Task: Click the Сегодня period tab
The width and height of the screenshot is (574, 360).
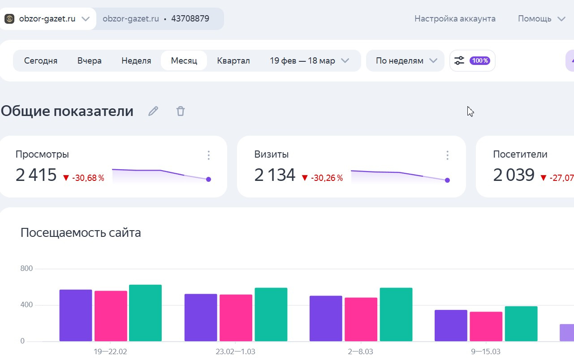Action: [x=41, y=61]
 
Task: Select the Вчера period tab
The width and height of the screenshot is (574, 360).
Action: [x=89, y=61]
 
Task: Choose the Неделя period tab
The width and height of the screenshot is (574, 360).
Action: [x=136, y=61]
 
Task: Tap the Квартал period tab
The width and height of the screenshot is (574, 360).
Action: [x=233, y=61]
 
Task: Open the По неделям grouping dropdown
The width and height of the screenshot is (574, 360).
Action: [x=406, y=61]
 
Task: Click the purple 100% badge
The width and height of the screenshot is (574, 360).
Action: [x=479, y=61]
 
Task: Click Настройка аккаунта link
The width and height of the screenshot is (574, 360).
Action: [x=455, y=19]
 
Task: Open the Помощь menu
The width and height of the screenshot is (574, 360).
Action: [x=541, y=19]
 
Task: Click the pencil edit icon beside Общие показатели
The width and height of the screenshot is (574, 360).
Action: [x=153, y=111]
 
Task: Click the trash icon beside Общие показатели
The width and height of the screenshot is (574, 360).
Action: [x=181, y=111]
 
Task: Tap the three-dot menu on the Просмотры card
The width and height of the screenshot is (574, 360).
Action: [x=208, y=155]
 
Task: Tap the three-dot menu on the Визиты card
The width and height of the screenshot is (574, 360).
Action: [x=447, y=155]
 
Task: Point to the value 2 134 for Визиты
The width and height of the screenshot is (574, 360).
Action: [x=275, y=175]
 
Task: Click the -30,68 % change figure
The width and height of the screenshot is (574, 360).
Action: [x=88, y=178]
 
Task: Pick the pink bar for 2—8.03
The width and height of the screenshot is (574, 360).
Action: [x=361, y=319]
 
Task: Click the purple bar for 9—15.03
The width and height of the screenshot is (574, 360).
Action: [x=451, y=326]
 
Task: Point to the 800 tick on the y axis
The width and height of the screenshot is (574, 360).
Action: [x=26, y=269]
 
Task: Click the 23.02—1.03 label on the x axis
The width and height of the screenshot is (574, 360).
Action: [x=236, y=351]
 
